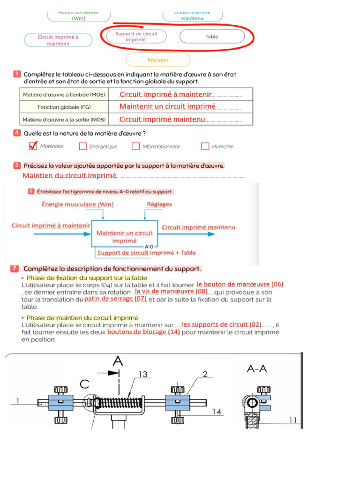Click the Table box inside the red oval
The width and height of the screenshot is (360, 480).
pyautogui.click(x=212, y=37)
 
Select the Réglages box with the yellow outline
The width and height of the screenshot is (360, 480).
pyautogui.click(x=158, y=60)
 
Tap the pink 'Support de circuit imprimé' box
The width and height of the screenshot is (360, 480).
pyautogui.click(x=136, y=37)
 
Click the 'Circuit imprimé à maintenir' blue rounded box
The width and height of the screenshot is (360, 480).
pyautogui.click(x=58, y=40)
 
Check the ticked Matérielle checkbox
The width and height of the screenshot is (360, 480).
pyautogui.click(x=33, y=146)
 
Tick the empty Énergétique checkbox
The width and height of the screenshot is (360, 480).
pyautogui.click(x=83, y=146)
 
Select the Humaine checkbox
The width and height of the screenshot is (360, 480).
pyautogui.click(x=205, y=146)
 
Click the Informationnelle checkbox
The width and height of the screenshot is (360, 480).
pyautogui.click(x=135, y=146)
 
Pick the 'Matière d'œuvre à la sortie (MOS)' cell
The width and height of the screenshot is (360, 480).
pyautogui.click(x=64, y=120)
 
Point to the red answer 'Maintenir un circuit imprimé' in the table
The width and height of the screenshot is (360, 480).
pyautogui.click(x=167, y=106)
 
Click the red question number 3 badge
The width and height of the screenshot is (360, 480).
pyautogui.click(x=17, y=74)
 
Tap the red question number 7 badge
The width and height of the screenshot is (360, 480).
pyautogui.click(x=15, y=269)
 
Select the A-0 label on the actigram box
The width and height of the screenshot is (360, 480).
pyautogui.click(x=149, y=246)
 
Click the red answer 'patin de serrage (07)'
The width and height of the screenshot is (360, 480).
pyautogui.click(x=115, y=298)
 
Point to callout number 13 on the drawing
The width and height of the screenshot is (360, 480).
pyautogui.click(x=143, y=374)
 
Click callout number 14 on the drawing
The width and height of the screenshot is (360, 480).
pyautogui.click(x=217, y=412)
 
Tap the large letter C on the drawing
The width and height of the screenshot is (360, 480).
pyautogui.click(x=84, y=384)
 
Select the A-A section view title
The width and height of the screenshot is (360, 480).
pyautogui.click(x=257, y=369)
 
